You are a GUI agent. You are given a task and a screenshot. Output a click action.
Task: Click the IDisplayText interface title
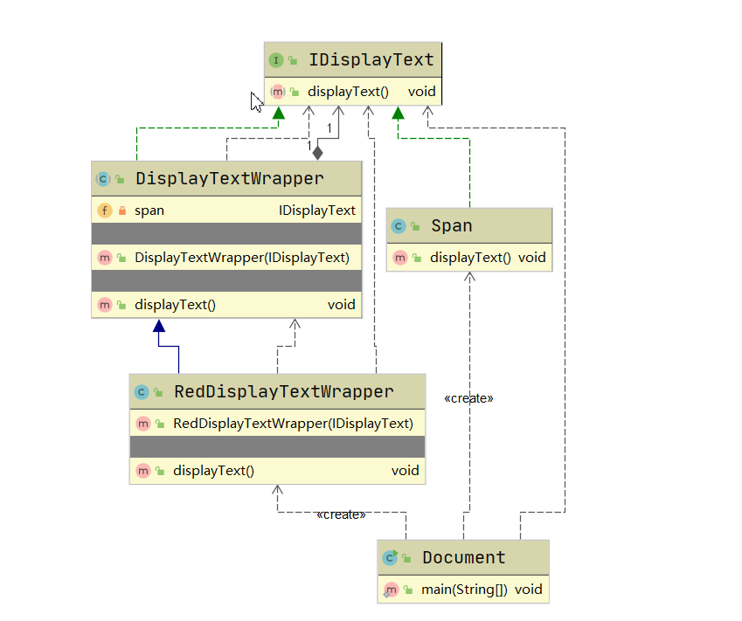point(371,60)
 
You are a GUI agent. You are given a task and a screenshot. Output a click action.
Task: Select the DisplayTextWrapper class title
point(229,179)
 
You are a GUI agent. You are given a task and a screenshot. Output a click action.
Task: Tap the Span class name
point(451,226)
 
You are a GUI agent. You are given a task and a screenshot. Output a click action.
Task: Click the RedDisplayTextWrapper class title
point(284,392)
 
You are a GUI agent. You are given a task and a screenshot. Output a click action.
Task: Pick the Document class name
point(463,557)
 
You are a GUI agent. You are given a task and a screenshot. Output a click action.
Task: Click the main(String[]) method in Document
point(464,590)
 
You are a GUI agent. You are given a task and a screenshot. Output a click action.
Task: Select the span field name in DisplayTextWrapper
point(149,210)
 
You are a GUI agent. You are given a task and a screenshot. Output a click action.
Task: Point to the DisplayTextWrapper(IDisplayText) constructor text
point(242,258)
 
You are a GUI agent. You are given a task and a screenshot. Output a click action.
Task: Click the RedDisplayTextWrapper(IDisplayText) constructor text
point(293,424)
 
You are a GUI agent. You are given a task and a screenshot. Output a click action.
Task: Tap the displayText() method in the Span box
point(470,258)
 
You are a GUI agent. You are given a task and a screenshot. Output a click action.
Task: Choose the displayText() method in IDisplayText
point(348,92)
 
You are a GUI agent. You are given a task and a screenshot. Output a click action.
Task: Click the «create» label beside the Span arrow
point(468,398)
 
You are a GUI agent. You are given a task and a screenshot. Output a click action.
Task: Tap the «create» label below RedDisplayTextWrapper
point(341,514)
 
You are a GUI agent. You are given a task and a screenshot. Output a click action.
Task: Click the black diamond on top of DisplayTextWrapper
point(317,153)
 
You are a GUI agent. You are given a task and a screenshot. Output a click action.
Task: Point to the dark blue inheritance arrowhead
point(158,327)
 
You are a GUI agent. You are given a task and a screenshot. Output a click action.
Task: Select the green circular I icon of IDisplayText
point(276,60)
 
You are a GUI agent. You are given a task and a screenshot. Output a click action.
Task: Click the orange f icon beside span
point(104,210)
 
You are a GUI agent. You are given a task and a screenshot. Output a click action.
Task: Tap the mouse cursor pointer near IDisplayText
point(256,101)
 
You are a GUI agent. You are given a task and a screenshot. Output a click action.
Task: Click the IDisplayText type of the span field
point(316,210)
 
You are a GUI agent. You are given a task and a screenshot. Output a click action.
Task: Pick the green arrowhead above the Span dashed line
point(398,112)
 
